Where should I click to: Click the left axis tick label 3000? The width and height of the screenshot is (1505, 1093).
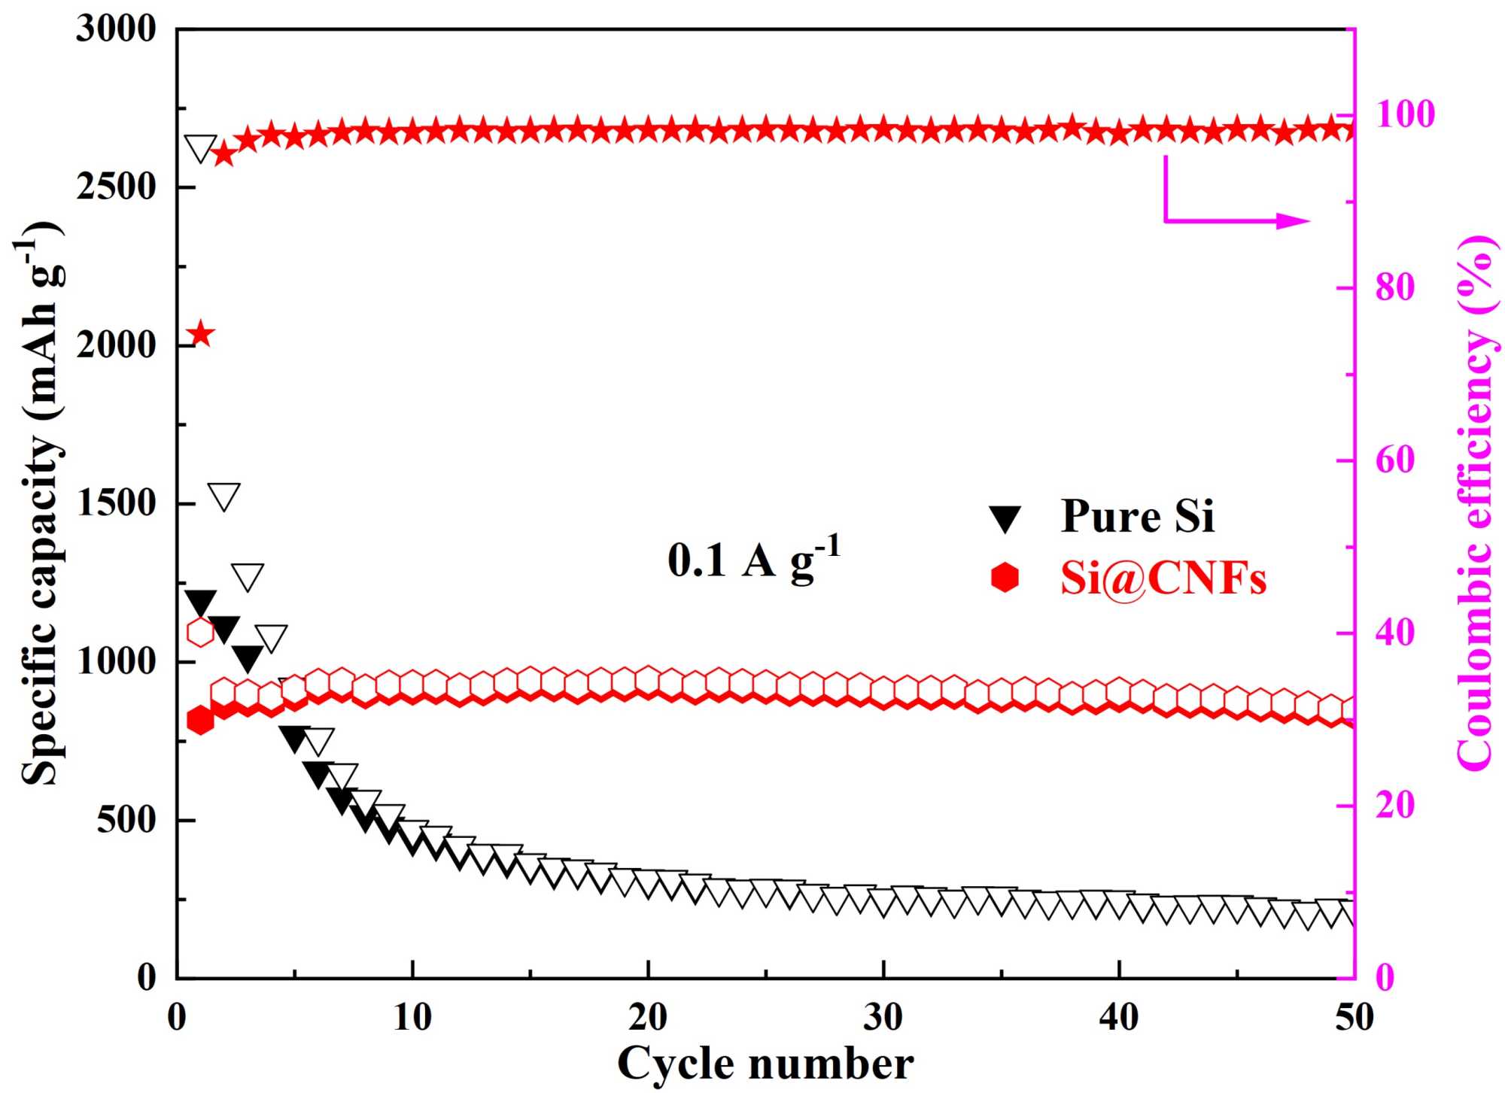[116, 29]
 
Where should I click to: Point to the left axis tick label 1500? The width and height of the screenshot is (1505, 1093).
[116, 504]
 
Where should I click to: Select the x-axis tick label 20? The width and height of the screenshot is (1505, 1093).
[648, 1018]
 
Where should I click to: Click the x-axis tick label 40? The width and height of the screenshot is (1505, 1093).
[1119, 1018]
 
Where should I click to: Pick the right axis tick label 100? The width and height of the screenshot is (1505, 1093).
[1406, 115]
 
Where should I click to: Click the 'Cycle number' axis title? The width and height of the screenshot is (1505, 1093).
[765, 1064]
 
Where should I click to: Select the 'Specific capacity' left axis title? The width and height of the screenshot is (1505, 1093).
[41, 504]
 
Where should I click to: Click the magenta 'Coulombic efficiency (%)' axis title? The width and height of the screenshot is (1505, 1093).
[1475, 504]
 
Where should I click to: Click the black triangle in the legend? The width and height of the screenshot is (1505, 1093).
[1005, 518]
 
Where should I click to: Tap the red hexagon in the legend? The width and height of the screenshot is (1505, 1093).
[1005, 578]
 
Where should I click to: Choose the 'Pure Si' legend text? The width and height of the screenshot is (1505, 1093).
[1137, 517]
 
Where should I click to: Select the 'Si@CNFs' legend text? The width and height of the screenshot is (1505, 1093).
[1163, 579]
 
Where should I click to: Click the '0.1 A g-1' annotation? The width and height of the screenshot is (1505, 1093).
[753, 559]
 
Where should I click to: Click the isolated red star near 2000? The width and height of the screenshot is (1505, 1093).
[201, 333]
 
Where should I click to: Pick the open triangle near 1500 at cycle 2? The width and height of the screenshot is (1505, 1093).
[224, 496]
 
